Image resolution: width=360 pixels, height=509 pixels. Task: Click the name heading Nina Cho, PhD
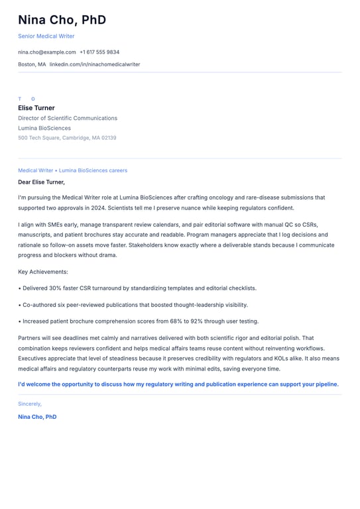[x=62, y=20]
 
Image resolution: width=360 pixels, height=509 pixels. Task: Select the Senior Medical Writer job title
[x=46, y=36]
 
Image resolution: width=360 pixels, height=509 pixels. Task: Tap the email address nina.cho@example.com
[x=47, y=52]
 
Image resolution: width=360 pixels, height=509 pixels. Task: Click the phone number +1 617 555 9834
[x=99, y=52]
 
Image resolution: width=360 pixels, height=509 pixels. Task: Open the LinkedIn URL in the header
[x=95, y=64]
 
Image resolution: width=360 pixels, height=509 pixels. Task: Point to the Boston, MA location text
[x=32, y=64]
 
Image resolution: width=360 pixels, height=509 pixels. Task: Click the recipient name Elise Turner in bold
[x=36, y=108]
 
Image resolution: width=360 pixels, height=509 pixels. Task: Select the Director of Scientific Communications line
[x=68, y=118]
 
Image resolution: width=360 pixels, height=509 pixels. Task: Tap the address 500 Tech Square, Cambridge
[x=67, y=138]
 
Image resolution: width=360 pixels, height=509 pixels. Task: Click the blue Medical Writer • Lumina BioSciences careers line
[x=72, y=170]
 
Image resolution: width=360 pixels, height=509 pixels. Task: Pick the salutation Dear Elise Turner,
[x=41, y=182]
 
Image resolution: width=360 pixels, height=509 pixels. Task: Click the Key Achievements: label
[x=43, y=272]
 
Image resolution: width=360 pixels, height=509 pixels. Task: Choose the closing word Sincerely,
[x=30, y=404]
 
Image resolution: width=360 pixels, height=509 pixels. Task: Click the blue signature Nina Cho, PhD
[x=37, y=417]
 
